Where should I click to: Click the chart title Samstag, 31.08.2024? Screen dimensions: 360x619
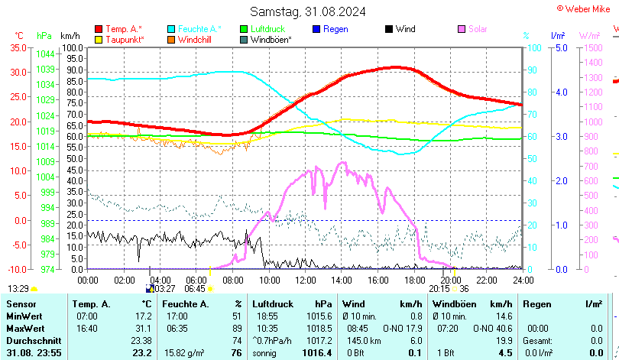pos(308,11)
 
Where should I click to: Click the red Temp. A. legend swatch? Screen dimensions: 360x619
pos(99,29)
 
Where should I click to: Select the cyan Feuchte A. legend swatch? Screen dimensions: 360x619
pos(172,29)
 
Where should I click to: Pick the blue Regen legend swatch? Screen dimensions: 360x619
pos(316,29)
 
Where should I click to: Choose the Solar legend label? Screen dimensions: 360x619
pos(480,29)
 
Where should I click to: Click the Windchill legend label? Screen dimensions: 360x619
pos(196,39)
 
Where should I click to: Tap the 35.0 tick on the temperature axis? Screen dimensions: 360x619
pos(17,47)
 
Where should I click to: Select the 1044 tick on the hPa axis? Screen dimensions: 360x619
pos(45,54)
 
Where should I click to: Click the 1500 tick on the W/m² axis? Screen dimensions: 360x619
pos(592,47)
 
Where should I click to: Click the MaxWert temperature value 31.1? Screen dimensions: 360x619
pos(143,328)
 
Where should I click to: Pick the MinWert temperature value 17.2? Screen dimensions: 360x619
pos(143,316)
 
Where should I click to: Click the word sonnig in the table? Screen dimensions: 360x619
pos(266,352)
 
